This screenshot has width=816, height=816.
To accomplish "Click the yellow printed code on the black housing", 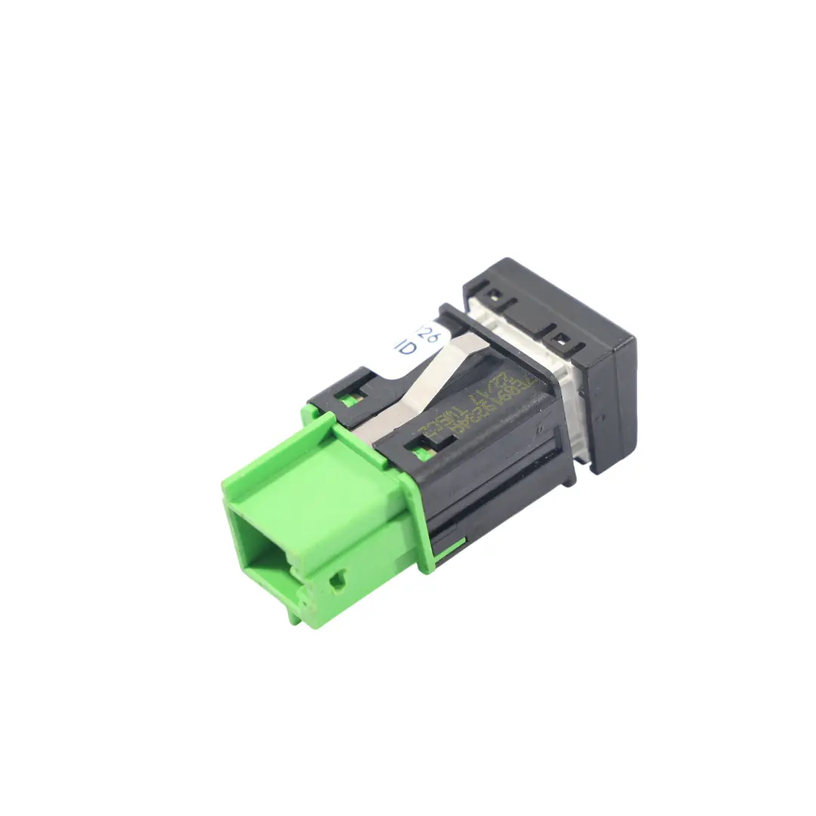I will [468, 412].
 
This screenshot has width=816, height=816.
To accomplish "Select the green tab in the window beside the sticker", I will [349, 400].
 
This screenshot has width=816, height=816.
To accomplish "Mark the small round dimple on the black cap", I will [598, 417].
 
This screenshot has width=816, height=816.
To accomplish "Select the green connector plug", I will [317, 514].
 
